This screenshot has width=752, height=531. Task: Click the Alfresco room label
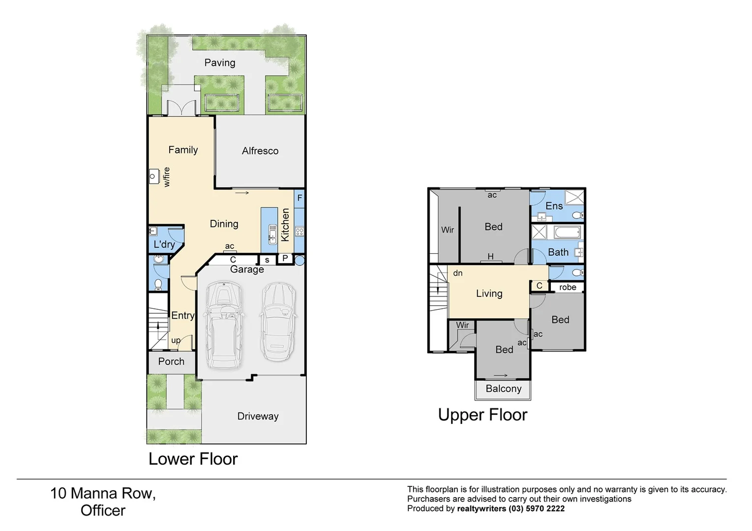point(260,151)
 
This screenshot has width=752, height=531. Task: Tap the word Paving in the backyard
point(220,62)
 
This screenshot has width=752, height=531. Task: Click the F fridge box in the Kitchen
point(300,198)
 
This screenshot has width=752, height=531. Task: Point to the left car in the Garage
point(223,324)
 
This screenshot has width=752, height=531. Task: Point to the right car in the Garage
point(278,322)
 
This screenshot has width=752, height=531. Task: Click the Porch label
point(171,361)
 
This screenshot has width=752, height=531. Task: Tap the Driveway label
point(258,416)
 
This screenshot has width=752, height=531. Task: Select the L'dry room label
point(164,244)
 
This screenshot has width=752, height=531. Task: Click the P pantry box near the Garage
point(285,259)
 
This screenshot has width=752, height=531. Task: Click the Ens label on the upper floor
point(554,206)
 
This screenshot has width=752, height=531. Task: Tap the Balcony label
point(503,389)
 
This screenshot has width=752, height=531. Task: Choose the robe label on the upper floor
point(567,287)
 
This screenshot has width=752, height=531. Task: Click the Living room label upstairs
point(489,294)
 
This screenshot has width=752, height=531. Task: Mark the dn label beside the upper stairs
point(457,273)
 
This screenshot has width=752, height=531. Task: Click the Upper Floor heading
point(482,415)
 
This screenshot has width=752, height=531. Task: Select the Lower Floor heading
point(193,459)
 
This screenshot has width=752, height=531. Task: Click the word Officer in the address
point(103,511)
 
